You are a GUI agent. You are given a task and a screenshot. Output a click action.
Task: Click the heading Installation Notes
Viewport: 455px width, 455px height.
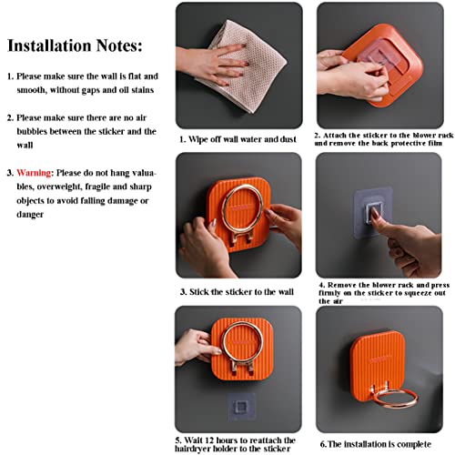click(x=75, y=45)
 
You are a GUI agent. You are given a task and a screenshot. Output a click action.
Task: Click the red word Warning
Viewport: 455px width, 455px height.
click(x=34, y=173)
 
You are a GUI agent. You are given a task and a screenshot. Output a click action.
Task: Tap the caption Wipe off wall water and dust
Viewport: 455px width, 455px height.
click(x=238, y=139)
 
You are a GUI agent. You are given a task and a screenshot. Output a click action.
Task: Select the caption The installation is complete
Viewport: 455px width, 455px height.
click(x=376, y=444)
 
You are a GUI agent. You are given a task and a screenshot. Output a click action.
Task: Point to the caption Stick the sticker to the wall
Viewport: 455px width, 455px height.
click(x=237, y=292)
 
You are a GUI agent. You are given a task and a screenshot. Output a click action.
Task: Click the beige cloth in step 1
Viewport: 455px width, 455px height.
click(x=243, y=66)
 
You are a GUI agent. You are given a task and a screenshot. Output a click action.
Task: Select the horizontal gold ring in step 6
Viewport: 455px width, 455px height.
click(x=395, y=399)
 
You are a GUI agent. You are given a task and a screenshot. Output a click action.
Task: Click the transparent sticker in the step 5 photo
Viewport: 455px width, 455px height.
click(x=241, y=407)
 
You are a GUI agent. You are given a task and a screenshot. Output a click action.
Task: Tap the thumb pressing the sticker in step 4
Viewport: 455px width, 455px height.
click(x=379, y=222)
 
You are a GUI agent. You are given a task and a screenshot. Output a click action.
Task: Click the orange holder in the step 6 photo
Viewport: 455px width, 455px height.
click(x=378, y=361)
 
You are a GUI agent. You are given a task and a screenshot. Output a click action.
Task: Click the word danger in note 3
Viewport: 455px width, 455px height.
click(x=30, y=215)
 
